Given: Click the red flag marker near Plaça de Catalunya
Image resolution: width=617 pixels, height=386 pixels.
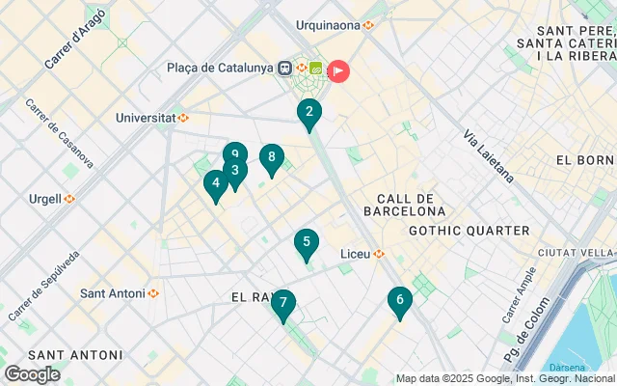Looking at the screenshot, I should pos(338,69).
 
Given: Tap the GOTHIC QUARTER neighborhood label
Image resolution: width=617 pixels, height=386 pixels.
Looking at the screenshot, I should pos(469,231).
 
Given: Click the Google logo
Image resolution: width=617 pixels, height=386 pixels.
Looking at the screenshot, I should pos(32,374).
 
